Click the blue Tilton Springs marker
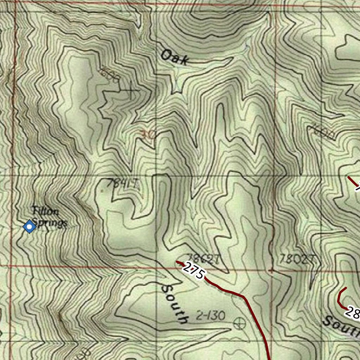pyautogui.click(x=30, y=227)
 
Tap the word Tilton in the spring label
pyautogui.click(x=45, y=212)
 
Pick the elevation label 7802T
pyautogui.click(x=297, y=259)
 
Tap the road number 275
pyautogui.click(x=193, y=271)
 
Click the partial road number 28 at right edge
pyautogui.click(x=353, y=312)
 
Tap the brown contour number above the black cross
pyautogui.click(x=110, y=74)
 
